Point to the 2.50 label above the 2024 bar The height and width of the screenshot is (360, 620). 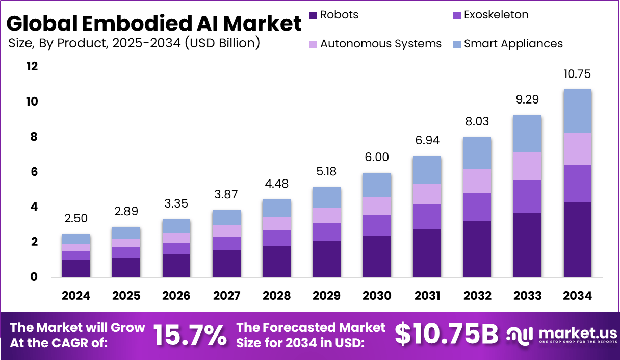76,218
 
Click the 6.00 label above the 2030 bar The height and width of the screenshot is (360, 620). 377,158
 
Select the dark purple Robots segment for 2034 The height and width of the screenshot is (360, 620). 577,240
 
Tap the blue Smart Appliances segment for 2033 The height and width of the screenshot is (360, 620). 527,134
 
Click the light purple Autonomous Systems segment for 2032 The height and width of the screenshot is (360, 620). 477,181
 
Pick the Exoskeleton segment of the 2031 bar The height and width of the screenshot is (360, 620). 427,217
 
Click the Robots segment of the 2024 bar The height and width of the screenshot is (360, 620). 76,269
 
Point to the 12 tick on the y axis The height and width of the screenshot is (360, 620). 32,66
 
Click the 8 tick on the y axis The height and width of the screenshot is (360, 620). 34,137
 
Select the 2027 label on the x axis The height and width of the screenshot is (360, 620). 226,296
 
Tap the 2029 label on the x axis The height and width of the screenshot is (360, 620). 327,296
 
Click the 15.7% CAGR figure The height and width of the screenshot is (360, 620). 190,335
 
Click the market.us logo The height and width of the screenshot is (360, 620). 561,335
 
